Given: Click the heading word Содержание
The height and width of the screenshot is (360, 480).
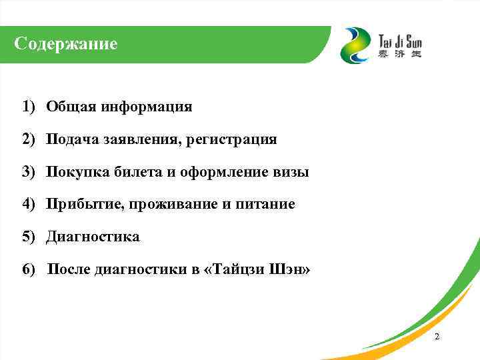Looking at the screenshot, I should click(x=66, y=45).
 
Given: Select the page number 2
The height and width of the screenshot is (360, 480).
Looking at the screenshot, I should click(x=437, y=337).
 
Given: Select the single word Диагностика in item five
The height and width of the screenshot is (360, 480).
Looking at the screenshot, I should click(x=93, y=237).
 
